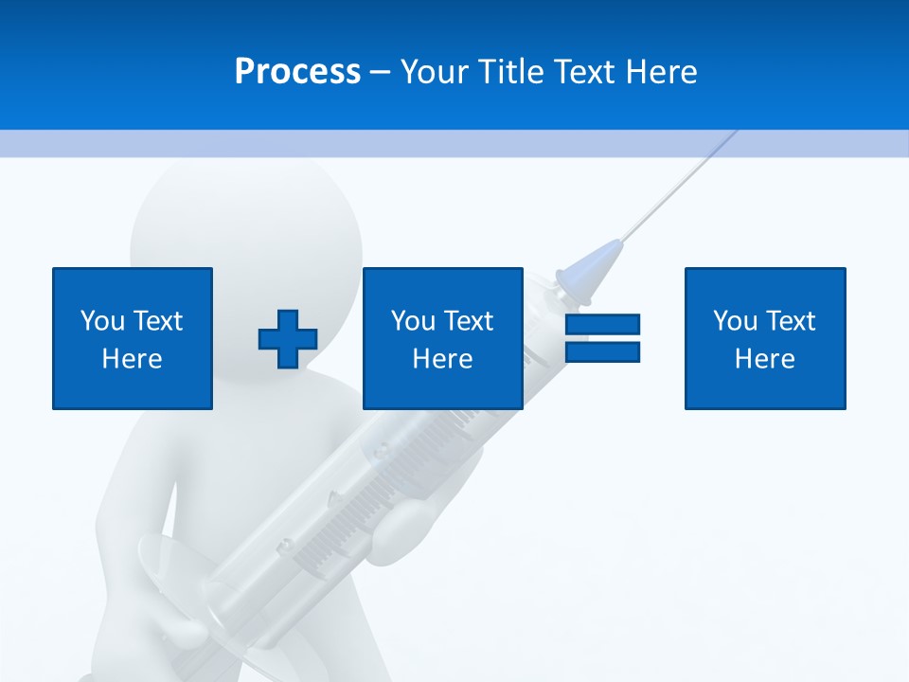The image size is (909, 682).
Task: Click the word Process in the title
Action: click(297, 72)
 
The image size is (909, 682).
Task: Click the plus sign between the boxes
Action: click(288, 339)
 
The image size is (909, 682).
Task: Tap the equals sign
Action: click(602, 338)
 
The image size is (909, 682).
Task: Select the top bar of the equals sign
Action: click(602, 325)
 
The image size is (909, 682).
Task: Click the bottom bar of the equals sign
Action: click(602, 351)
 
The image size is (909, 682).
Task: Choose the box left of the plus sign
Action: click(133, 338)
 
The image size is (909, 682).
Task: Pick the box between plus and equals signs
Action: click(443, 338)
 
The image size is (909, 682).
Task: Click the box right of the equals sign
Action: click(765, 338)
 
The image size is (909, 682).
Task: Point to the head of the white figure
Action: click(246, 227)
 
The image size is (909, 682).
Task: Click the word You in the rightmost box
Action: click(735, 321)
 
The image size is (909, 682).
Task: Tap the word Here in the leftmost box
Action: click(133, 359)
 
